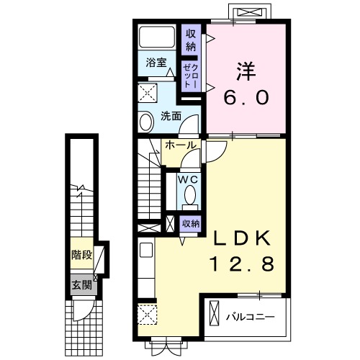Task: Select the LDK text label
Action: pos(240,239)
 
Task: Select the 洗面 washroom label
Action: pos(170,115)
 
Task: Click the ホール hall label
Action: pos(180,145)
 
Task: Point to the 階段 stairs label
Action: pos(81,254)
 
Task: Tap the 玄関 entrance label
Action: pos(81,285)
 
